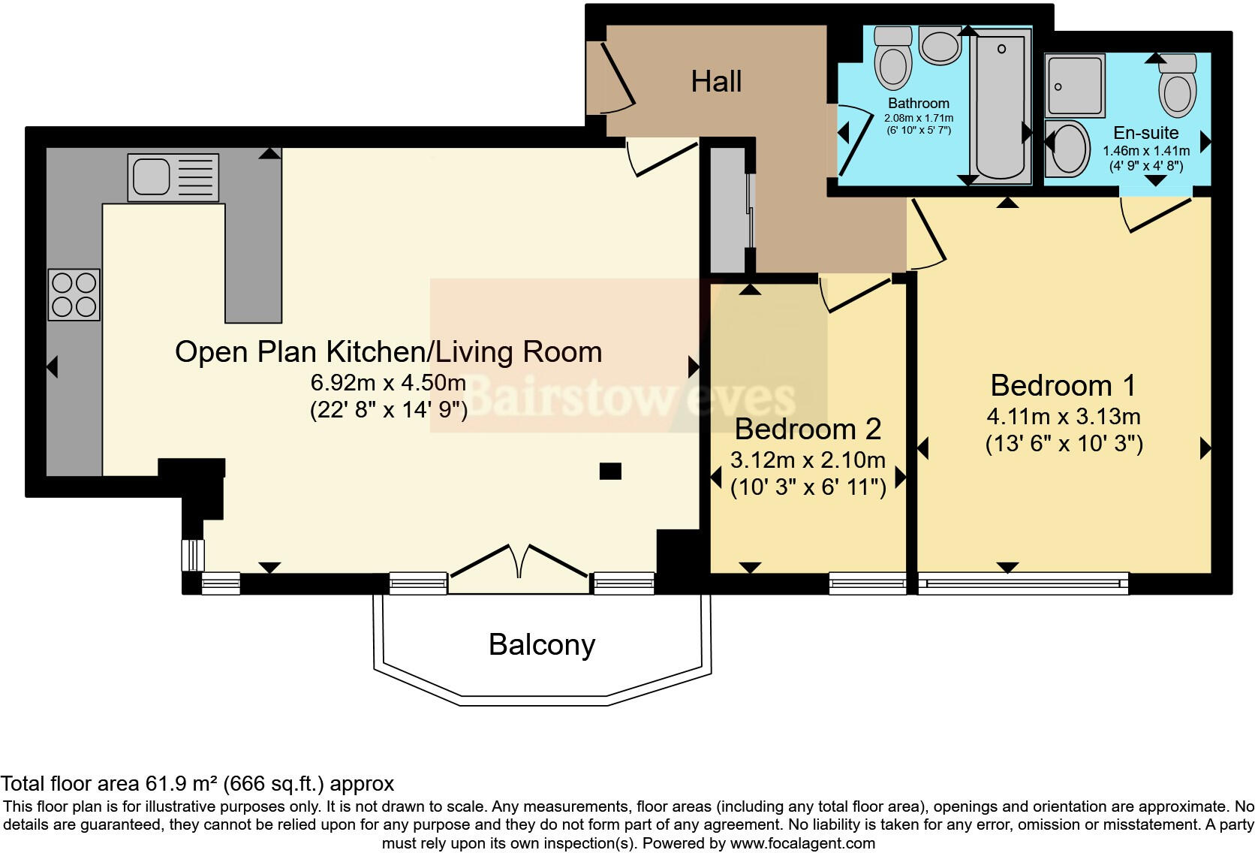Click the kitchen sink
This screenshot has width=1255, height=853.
pyautogui.click(x=173, y=177)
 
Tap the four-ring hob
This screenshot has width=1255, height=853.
pyautogui.click(x=74, y=295)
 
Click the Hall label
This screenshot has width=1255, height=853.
pyautogui.click(x=716, y=81)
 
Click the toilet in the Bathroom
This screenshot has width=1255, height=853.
pyautogui.click(x=893, y=58)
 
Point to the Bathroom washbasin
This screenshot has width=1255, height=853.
pyautogui.click(x=940, y=45)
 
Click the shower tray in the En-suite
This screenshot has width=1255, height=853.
pyautogui.click(x=1075, y=85)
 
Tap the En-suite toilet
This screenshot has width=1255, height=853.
pyautogui.click(x=1178, y=85)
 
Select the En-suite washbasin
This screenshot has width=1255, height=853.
pyautogui.click(x=1068, y=149)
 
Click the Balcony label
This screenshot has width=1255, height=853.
pyautogui.click(x=542, y=644)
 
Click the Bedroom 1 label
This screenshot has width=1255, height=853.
pyautogui.click(x=1063, y=386)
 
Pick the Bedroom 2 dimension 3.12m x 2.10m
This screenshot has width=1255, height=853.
pyautogui.click(x=808, y=460)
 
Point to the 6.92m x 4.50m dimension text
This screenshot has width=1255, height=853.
pyautogui.click(x=388, y=383)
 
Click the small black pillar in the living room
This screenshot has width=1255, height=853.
pyautogui.click(x=610, y=471)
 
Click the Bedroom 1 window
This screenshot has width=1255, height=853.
pyautogui.click(x=1023, y=583)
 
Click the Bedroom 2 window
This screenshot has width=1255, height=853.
pyautogui.click(x=867, y=583)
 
